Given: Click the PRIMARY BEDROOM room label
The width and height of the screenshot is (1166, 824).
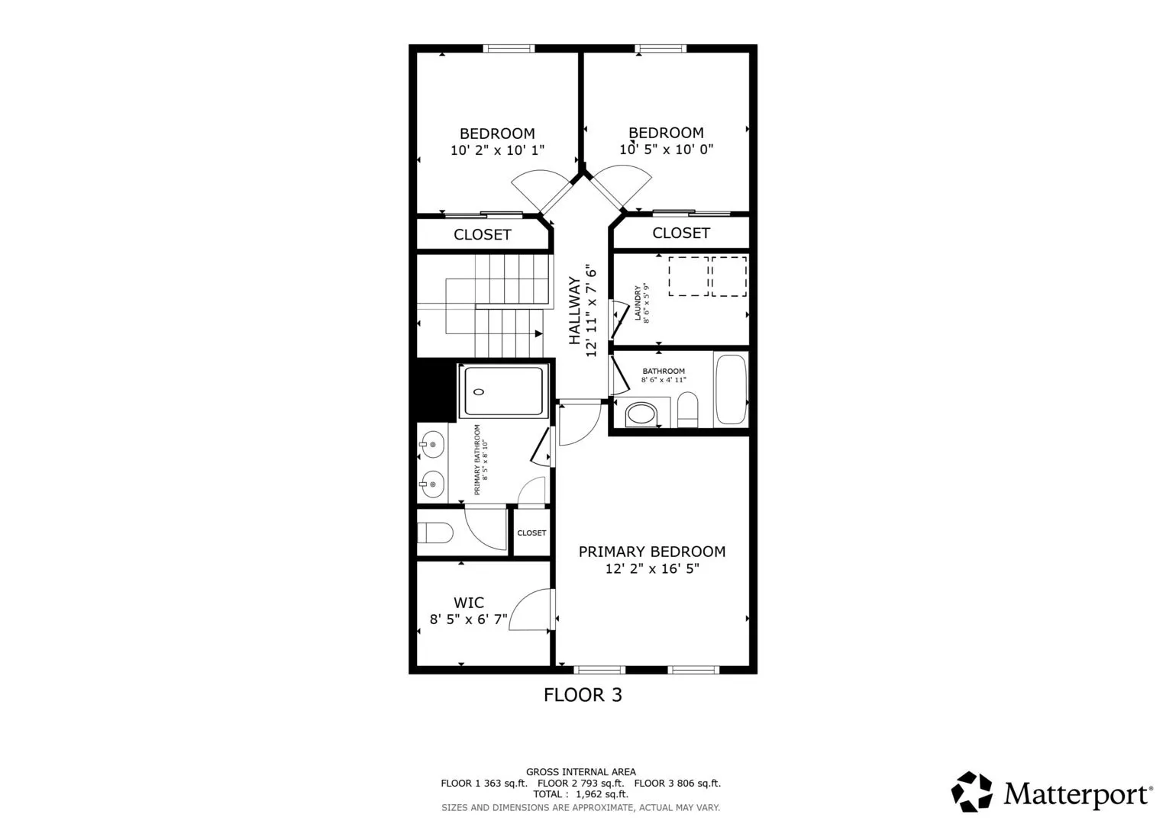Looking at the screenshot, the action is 651,552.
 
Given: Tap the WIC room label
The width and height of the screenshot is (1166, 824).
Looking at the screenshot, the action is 469,603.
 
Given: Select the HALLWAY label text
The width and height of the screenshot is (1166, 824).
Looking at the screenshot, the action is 574,311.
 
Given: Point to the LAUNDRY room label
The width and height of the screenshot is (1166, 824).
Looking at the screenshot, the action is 638,302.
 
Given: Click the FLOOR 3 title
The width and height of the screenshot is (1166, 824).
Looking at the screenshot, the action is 583,695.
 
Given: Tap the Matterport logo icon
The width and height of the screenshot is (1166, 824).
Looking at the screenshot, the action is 971,791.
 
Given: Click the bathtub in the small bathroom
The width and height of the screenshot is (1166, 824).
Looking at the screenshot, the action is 731,389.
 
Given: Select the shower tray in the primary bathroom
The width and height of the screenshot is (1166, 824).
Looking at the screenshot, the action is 503,391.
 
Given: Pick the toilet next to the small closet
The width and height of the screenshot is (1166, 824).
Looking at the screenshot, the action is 435,533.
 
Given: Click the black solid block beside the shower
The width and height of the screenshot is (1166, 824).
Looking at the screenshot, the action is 437,390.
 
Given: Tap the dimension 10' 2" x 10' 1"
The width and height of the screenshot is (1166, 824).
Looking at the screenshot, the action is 497,150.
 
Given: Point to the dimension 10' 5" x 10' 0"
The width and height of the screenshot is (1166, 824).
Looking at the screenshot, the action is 666,150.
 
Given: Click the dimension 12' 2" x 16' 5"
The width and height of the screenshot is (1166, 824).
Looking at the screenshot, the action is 651,568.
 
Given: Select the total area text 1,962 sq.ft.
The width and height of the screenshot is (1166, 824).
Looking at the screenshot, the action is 602,794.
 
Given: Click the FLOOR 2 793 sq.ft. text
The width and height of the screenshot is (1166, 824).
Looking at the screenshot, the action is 580,783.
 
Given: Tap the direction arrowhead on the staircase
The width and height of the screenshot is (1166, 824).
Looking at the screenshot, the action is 539,333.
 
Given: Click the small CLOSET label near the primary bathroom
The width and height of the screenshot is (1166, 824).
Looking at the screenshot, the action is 531,533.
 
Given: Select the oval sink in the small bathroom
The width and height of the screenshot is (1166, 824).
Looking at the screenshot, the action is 641,414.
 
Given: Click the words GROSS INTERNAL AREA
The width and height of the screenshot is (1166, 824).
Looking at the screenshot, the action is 581,772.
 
